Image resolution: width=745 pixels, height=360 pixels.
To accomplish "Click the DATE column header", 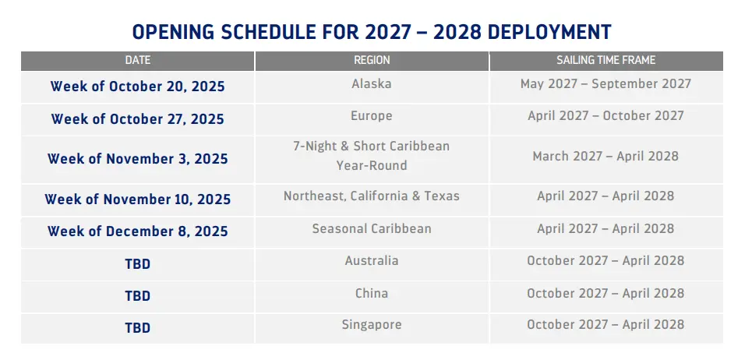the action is click(138, 60).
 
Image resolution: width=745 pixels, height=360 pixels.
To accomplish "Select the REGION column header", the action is click(372, 60).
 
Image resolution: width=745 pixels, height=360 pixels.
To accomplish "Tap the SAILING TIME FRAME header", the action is click(606, 60).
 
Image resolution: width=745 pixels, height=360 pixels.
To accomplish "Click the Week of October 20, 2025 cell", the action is click(138, 86).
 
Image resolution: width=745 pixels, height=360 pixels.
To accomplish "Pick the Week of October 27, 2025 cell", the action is click(138, 118).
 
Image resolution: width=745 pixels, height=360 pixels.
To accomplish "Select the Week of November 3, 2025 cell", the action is click(138, 159).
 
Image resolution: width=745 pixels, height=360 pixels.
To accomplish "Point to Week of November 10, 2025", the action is click(138, 199).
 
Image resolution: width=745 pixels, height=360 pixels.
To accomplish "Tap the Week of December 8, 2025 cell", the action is click(138, 231).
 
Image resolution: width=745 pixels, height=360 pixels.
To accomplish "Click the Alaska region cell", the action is click(372, 84).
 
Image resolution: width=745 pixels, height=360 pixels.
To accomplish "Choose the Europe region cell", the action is click(372, 116).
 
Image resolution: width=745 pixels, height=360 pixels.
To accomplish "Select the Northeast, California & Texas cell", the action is click(372, 196).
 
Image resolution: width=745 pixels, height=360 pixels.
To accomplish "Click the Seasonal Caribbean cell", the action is click(372, 228).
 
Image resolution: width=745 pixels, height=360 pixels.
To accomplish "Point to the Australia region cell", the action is click(372, 261).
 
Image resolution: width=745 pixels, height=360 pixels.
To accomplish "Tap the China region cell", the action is click(372, 293).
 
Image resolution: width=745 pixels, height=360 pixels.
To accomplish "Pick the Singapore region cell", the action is click(372, 325).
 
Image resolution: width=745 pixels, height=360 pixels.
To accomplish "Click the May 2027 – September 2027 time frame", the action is click(606, 84).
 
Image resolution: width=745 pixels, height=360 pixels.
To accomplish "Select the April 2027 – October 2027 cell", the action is click(606, 116).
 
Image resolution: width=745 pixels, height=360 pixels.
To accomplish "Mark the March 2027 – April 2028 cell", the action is click(606, 157).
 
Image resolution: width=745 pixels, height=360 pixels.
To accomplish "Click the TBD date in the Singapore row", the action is click(138, 328).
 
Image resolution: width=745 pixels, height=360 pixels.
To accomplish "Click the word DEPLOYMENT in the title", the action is click(549, 32).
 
